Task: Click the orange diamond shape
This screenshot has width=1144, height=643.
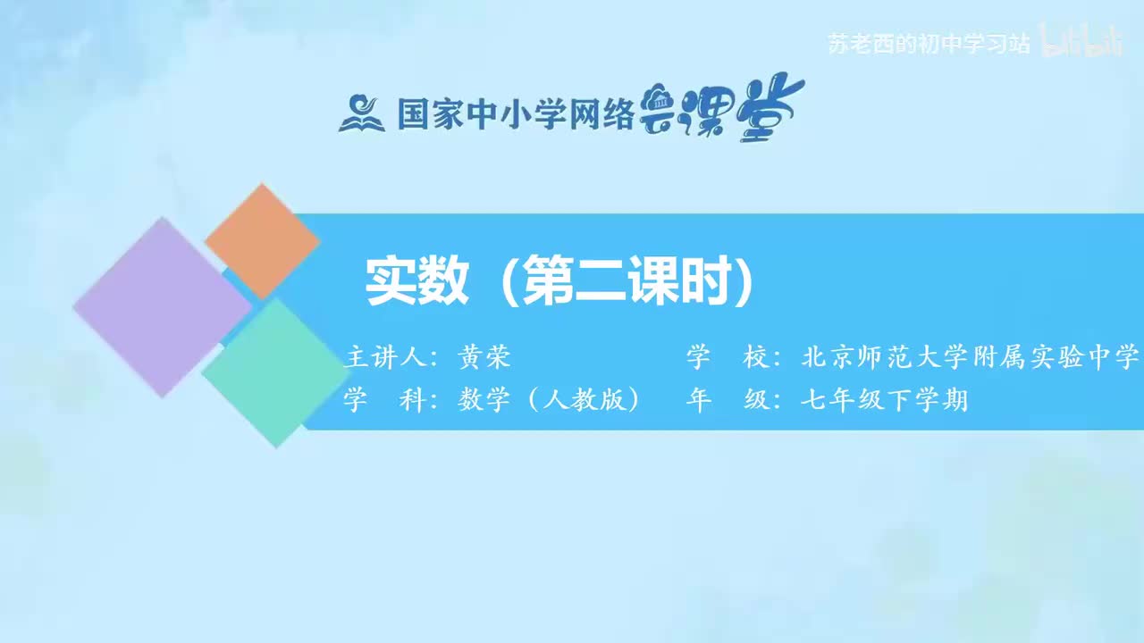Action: [x=262, y=241]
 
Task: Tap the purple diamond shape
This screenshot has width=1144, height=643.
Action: [x=162, y=306]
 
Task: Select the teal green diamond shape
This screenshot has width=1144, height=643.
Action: [x=275, y=372]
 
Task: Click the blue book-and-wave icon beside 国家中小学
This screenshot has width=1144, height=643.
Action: [x=362, y=113]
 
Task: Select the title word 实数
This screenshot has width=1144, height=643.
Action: [x=417, y=282]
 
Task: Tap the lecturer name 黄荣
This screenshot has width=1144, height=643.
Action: [x=484, y=358]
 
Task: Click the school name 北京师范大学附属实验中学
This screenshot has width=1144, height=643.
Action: [x=971, y=358]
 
